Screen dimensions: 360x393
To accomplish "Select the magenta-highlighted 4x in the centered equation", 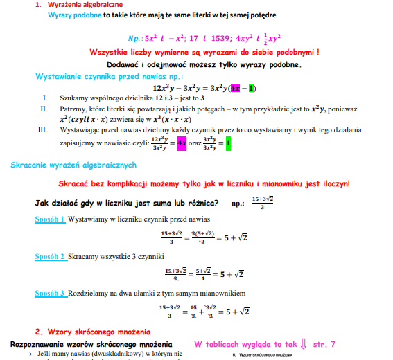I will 235,88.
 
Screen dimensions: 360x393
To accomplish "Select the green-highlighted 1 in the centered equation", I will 252,88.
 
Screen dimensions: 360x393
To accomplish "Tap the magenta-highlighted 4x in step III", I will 182,143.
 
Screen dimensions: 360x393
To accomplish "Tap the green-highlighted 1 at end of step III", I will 228,143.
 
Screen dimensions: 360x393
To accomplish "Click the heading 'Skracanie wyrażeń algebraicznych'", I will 73,165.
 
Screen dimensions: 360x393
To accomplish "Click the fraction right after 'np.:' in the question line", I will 262,202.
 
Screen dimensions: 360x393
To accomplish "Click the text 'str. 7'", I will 324,344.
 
